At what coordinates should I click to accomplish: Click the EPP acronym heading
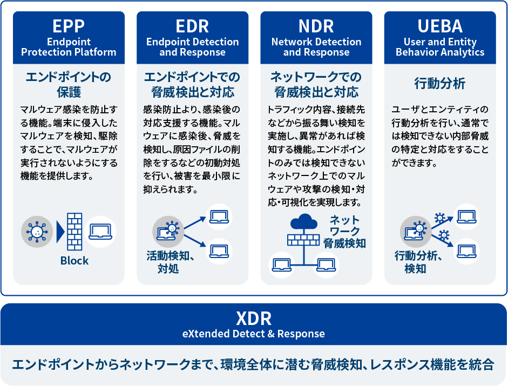tap(69, 26)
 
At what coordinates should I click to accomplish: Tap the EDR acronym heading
tap(192, 26)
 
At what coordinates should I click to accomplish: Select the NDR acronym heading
tap(316, 26)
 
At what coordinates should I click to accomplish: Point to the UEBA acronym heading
tap(440, 26)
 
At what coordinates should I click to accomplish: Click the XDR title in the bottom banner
tap(254, 319)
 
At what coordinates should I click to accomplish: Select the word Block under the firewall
tap(74, 261)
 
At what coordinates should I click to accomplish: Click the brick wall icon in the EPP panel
tap(74, 232)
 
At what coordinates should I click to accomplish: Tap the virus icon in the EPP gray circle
tap(37, 232)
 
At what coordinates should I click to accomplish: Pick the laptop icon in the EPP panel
tap(100, 232)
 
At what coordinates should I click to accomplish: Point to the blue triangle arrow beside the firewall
tap(60, 232)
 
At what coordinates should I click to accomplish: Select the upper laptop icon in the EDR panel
tap(219, 217)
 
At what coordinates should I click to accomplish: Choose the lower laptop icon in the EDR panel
tap(219, 251)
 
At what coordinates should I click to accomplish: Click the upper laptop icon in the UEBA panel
tap(466, 217)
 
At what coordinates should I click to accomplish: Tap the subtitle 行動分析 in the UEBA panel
tap(440, 84)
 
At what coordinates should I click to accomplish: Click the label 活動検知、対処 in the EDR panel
tap(171, 262)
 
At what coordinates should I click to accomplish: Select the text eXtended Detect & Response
tap(254, 334)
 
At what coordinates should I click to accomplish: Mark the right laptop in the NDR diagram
tap(326, 265)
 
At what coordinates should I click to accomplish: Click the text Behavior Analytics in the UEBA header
tap(440, 52)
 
